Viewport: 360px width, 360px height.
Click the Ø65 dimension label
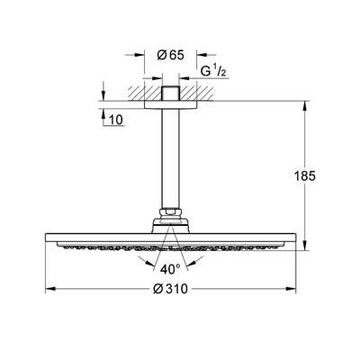tap(170, 55)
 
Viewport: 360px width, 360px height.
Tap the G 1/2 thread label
tap(213, 71)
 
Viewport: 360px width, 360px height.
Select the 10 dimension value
tap(116, 120)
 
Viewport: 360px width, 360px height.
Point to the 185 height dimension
tap(304, 176)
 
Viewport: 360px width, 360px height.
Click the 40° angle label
tap(170, 269)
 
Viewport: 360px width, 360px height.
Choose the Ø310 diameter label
tap(170, 289)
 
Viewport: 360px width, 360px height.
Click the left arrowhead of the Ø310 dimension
tap(49, 289)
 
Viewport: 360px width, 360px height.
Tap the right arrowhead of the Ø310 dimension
tap(291, 289)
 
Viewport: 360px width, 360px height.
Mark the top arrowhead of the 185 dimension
tap(305, 107)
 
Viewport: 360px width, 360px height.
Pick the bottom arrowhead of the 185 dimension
tap(305, 246)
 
